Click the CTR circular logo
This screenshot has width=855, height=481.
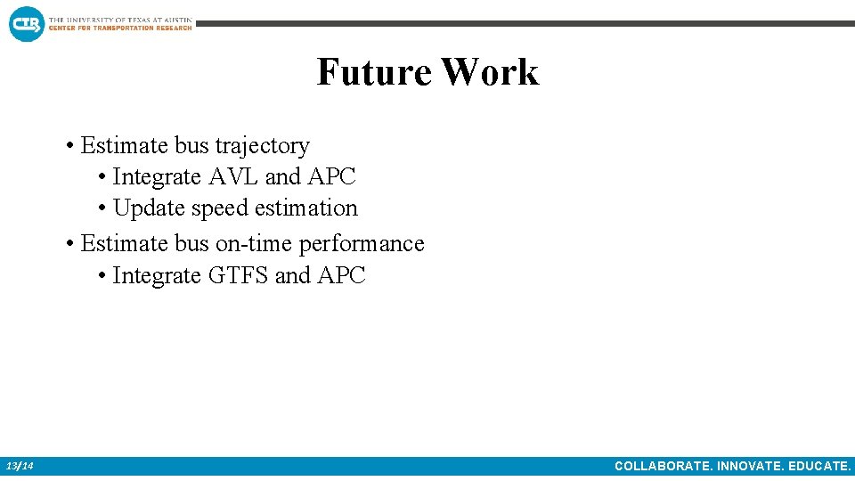coord(26,23)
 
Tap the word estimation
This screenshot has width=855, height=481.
coord(306,208)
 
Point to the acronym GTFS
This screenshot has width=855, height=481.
coord(238,276)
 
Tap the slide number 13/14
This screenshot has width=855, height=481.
coord(20,466)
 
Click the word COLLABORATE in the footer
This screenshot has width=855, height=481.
coord(661,466)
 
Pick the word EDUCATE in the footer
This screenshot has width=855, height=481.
coord(818,466)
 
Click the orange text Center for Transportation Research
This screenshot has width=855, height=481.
coord(120,28)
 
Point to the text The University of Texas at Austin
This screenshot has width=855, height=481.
coord(120,19)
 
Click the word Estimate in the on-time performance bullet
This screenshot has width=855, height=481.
coord(125,243)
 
